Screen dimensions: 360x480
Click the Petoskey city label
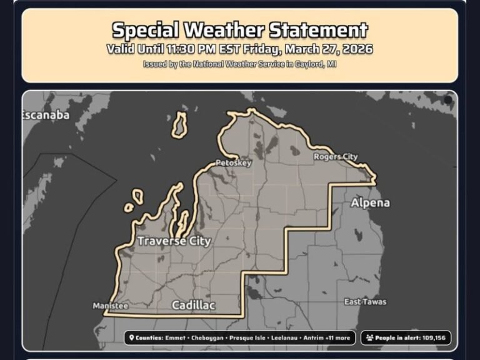tap(233, 163)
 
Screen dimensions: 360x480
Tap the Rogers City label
tap(336, 157)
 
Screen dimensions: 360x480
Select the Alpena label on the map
tap(370, 202)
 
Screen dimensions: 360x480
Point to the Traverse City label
tap(174, 241)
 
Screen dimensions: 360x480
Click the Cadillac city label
tap(193, 305)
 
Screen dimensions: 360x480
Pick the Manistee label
tap(110, 306)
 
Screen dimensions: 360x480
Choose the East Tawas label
tap(365, 302)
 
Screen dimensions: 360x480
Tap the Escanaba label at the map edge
tap(46, 115)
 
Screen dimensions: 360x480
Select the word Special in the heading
tap(144, 29)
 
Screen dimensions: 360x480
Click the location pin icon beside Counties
tap(131, 338)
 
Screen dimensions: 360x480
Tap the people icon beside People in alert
tap(370, 338)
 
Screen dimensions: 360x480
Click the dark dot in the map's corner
tap(447, 100)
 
